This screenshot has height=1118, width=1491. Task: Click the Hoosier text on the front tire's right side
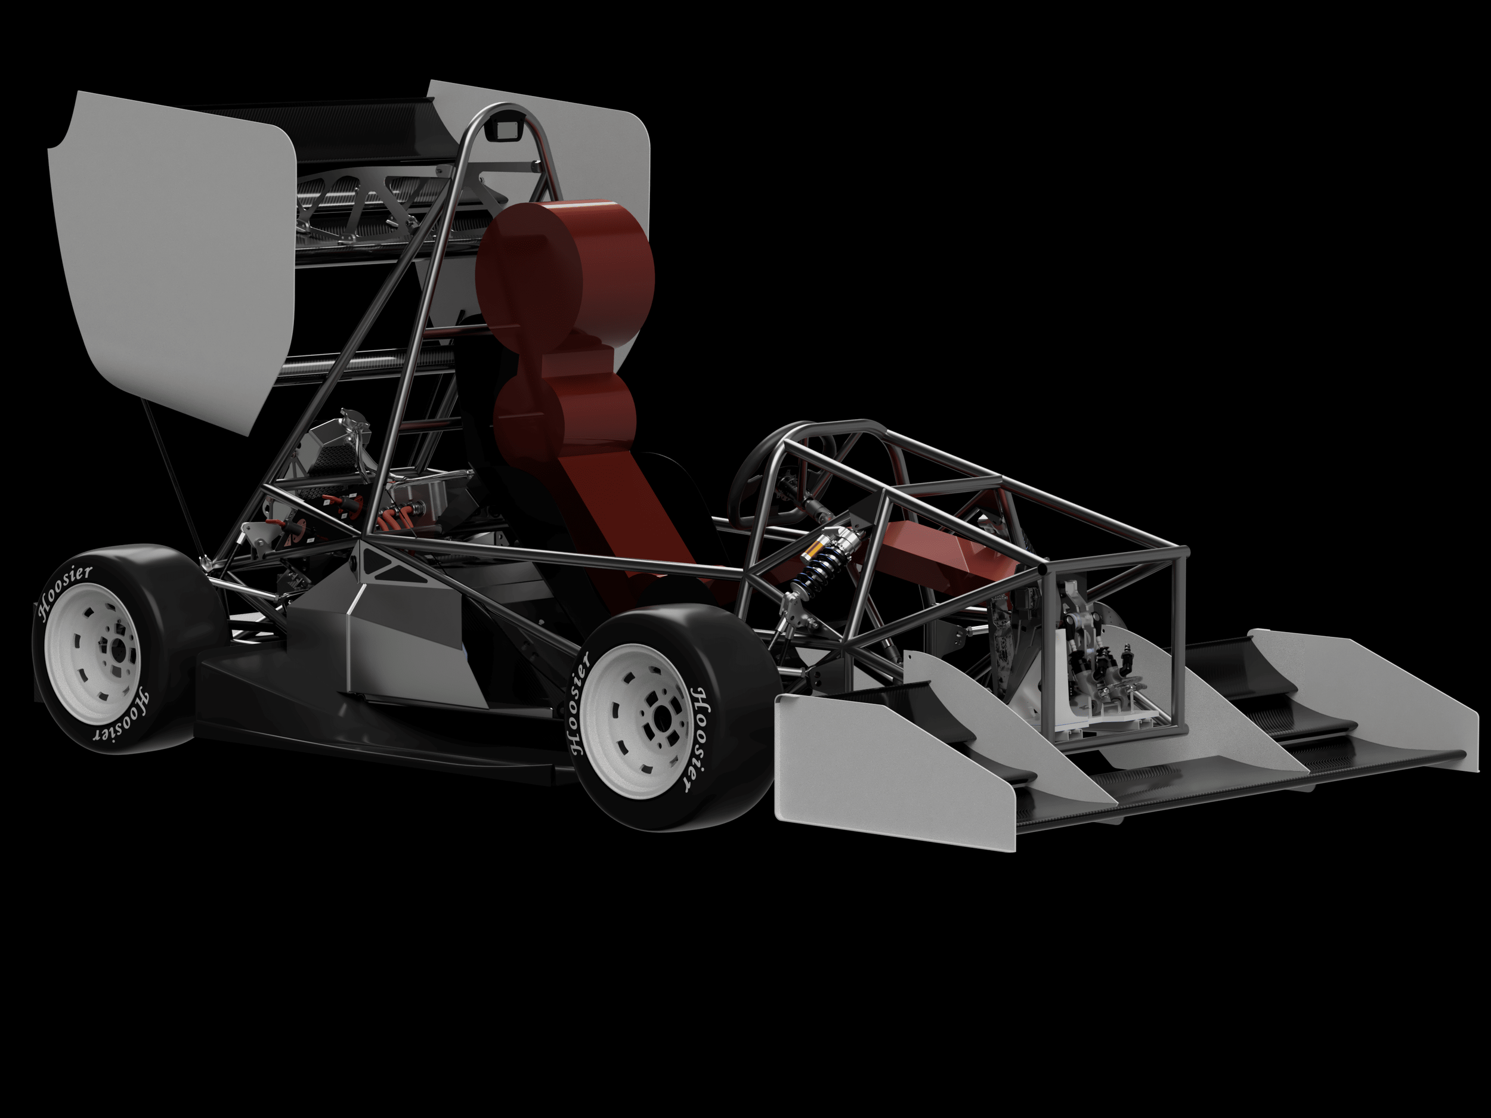pyautogui.click(x=701, y=738)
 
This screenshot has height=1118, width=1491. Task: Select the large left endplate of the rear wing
pyautogui.click(x=169, y=256)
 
